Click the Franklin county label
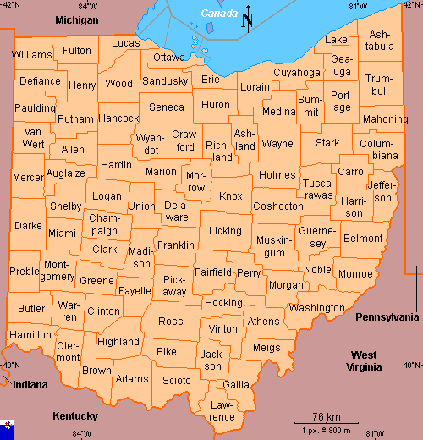click(176, 245)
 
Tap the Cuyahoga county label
click(297, 74)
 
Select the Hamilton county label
click(30, 335)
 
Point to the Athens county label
click(263, 322)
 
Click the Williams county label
click(31, 55)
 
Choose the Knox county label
click(230, 196)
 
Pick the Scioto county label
click(177, 381)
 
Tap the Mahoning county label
click(385, 119)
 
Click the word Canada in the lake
click(219, 14)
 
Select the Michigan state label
click(76, 19)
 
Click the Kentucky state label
click(75, 416)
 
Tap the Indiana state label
click(30, 385)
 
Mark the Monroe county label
click(354, 274)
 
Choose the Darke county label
click(28, 226)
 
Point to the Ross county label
click(170, 322)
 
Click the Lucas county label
click(126, 43)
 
